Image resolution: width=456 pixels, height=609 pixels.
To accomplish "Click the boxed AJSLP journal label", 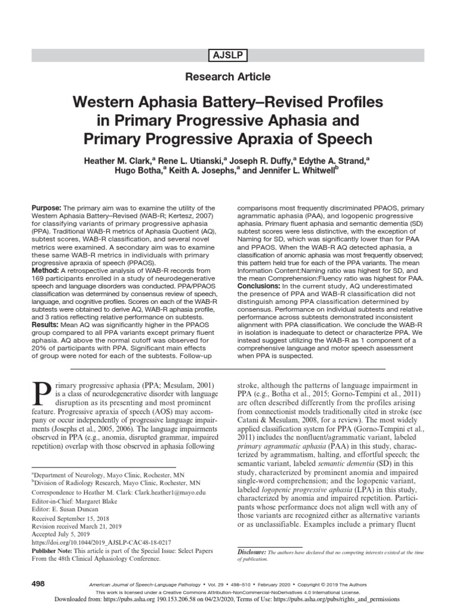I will tap(228, 56).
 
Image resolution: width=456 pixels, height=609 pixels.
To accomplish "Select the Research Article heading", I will tap(228, 77).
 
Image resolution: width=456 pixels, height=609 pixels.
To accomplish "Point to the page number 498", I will tap(38, 585).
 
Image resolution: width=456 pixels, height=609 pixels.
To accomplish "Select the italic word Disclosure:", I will tap(251, 553).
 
